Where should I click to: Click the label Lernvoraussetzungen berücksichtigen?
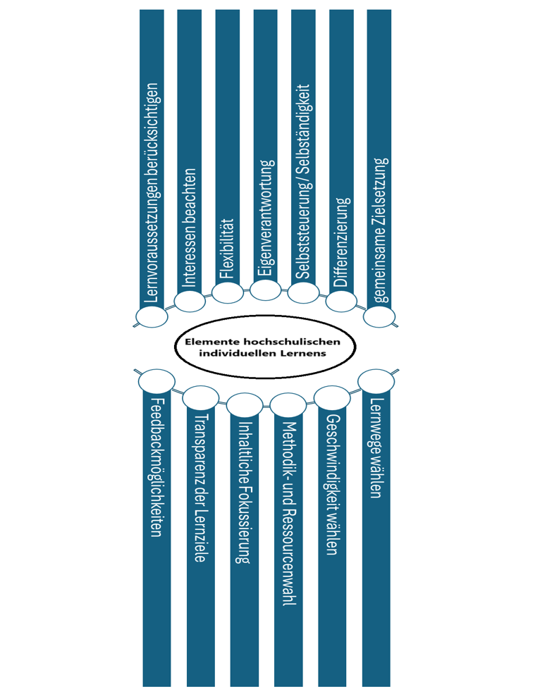[152, 192]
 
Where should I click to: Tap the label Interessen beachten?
[189, 228]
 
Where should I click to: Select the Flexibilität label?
[227, 248]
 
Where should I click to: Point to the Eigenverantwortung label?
[265, 218]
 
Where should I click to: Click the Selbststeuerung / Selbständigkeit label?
[303, 182]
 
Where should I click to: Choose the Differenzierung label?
[341, 242]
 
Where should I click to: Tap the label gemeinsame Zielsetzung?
[380, 230]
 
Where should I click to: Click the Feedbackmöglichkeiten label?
[156, 467]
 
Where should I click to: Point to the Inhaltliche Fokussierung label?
[244, 492]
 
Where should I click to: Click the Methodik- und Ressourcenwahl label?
[288, 514]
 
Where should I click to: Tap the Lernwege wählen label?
[376, 448]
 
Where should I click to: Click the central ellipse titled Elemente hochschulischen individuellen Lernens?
[265, 347]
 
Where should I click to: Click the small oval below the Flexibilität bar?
[227, 292]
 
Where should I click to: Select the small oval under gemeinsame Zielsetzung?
[379, 317]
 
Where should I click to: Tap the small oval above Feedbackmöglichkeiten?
[157, 380]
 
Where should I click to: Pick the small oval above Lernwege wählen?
[376, 380]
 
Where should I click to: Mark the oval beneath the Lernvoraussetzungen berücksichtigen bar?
[152, 317]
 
